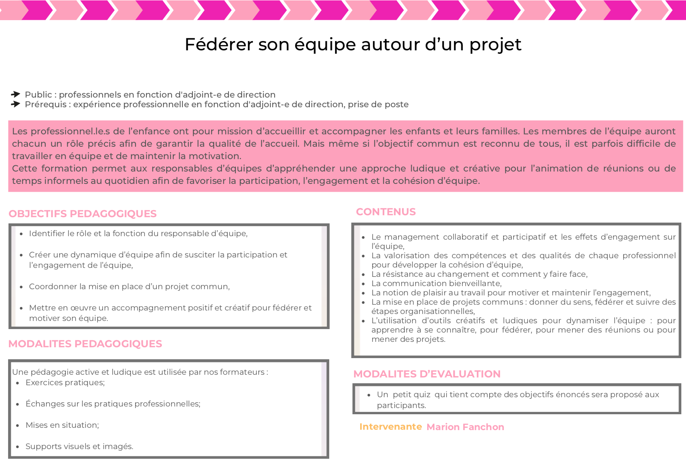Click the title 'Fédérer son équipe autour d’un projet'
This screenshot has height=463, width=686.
pos(353,45)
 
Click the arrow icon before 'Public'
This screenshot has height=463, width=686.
pos(15,94)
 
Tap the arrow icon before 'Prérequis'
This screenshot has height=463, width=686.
pos(15,104)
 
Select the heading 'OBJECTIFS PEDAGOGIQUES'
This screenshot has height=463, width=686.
pos(83,214)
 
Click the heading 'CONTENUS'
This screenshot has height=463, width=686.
pos(385,212)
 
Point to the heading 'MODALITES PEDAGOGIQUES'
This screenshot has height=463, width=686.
pos(85,344)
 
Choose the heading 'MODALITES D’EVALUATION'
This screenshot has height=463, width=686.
pos(427,374)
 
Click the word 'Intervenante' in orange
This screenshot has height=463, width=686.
pos(390,427)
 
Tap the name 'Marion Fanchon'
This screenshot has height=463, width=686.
pos(465,427)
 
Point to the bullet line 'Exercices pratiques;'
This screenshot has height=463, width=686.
pos(65,382)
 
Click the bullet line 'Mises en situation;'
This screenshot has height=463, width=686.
pos(62,425)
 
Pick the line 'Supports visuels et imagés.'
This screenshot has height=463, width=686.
pos(79,446)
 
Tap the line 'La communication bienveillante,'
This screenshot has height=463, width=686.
pos(436,283)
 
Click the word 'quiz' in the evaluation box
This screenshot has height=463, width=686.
pos(422,394)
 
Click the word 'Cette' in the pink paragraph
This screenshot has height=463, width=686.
pos(25,168)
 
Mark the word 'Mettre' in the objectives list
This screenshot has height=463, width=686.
pos(42,308)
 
